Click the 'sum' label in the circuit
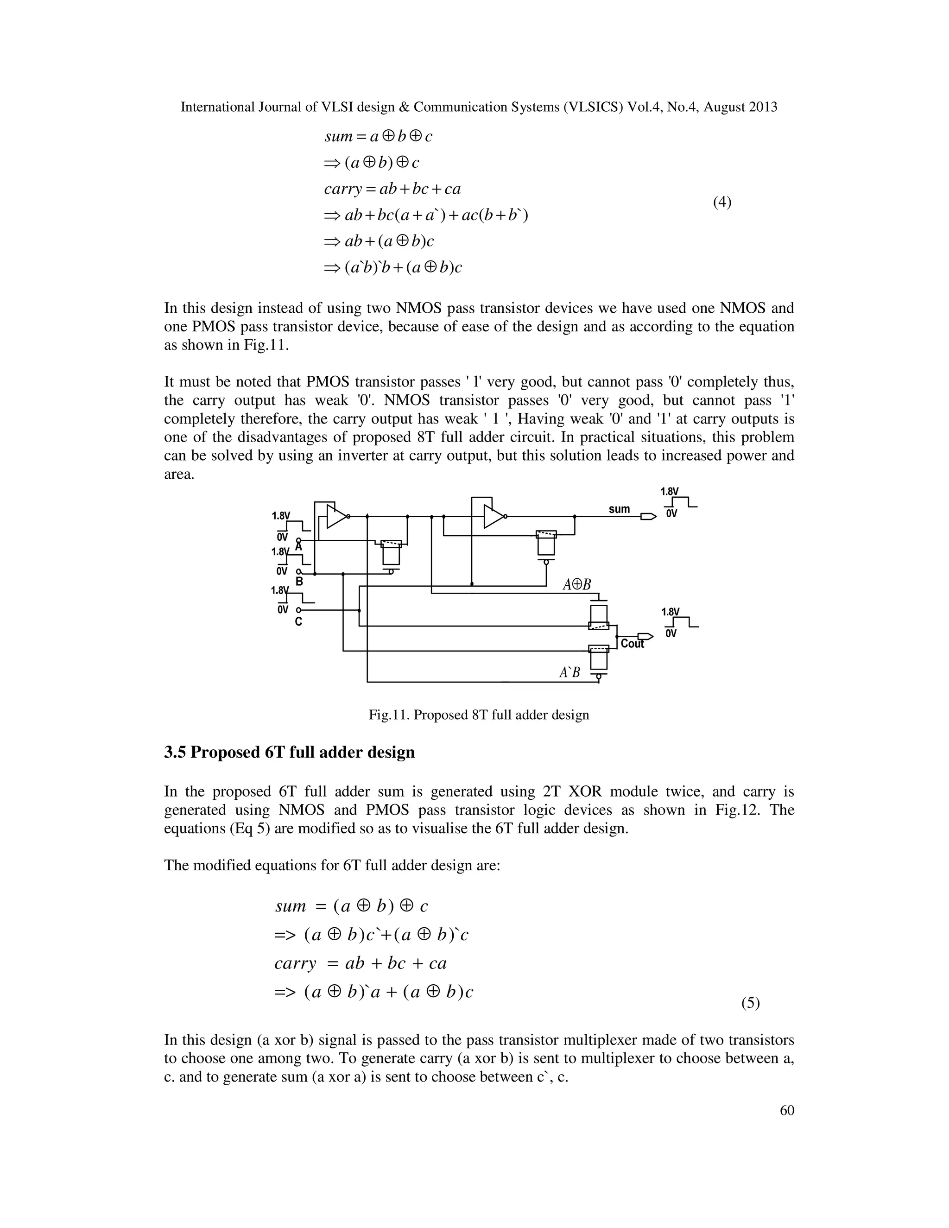(x=619, y=509)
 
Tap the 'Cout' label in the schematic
(x=633, y=644)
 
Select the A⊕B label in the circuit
(x=577, y=585)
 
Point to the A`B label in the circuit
(x=569, y=672)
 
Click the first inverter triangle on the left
(x=337, y=516)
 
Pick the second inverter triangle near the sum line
(x=493, y=516)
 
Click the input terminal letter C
(x=298, y=621)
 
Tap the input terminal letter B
(x=299, y=582)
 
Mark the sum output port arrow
(x=648, y=516)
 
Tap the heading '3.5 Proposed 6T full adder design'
(x=290, y=752)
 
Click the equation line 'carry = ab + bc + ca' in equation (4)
(x=392, y=189)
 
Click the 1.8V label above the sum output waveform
(x=669, y=491)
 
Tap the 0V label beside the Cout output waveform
(x=671, y=633)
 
